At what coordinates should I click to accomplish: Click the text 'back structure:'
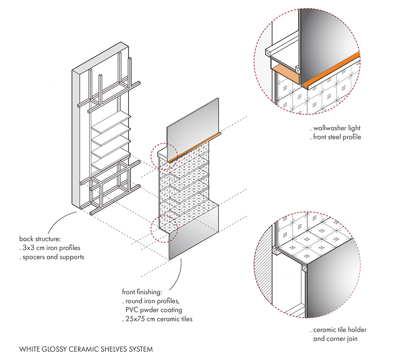tap(40, 238)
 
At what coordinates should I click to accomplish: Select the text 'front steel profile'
tap(337, 137)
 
